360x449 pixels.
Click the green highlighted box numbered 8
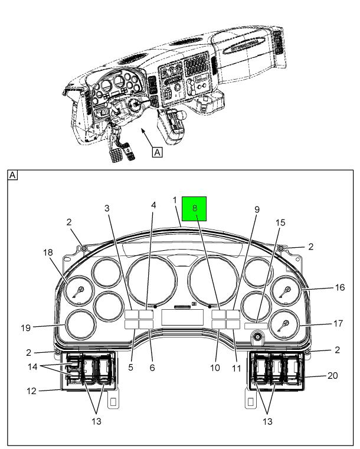194,209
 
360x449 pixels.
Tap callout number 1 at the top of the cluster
175,201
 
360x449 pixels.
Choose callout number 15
281,222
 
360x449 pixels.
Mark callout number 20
333,375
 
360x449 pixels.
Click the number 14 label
31,366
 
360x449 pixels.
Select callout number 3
107,208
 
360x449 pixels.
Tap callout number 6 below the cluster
152,368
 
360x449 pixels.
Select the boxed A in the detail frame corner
13,175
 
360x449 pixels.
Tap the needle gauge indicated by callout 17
284,325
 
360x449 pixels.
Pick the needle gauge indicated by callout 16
285,291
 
